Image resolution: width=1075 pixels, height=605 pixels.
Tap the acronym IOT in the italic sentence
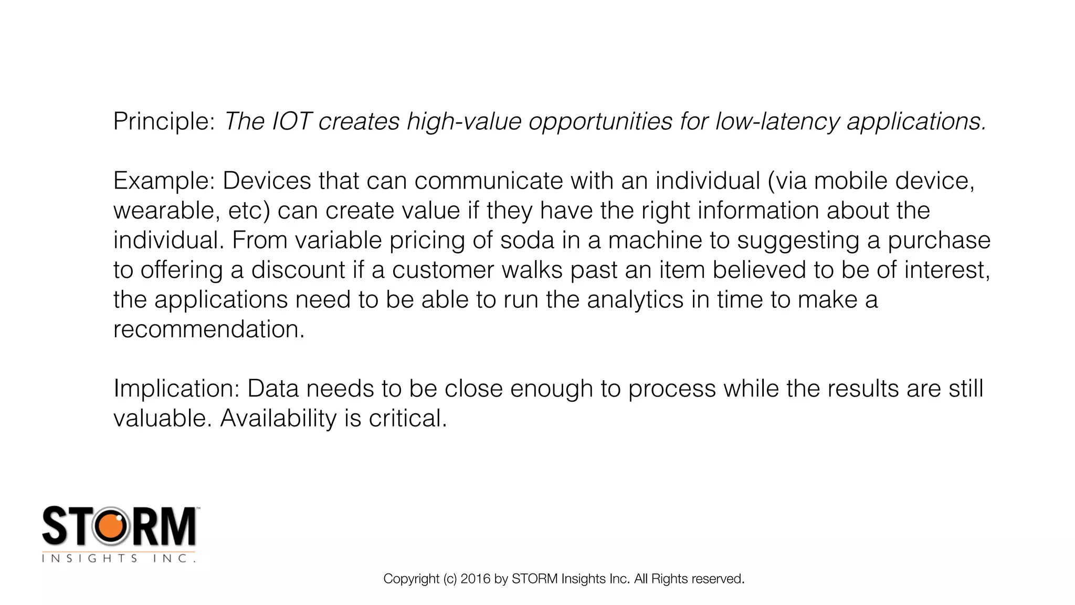click(x=292, y=122)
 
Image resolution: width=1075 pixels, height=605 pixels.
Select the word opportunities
click(x=600, y=122)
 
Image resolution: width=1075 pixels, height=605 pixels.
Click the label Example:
click(x=164, y=181)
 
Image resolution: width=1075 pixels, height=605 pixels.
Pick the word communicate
click(x=489, y=181)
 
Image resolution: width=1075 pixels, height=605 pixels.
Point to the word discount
click(x=298, y=270)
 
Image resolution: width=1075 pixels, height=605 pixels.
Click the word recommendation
click(x=208, y=330)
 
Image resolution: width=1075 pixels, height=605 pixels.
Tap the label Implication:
click(x=176, y=389)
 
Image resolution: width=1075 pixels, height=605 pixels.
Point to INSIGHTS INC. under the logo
click(x=119, y=559)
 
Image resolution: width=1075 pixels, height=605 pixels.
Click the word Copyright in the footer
click(x=411, y=579)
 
